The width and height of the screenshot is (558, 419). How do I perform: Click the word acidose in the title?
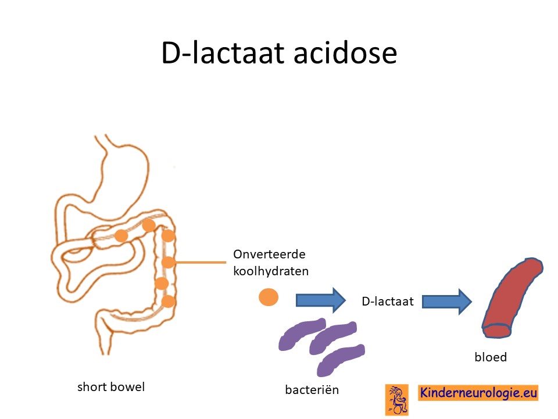(345, 53)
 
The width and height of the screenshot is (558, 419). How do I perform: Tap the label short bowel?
(111, 387)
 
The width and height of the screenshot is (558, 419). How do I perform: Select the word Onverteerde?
(269, 254)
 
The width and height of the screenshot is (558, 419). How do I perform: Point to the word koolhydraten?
(271, 271)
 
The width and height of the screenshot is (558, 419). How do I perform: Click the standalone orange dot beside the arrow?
(269, 297)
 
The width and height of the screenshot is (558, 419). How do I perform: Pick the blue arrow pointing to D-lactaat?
(321, 300)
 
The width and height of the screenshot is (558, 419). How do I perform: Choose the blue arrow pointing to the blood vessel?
(447, 301)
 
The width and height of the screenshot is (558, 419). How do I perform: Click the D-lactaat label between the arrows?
(388, 301)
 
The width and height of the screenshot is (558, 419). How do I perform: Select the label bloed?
(491, 357)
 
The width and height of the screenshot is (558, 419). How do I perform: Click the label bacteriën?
(312, 389)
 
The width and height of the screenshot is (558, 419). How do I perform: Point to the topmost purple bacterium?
(302, 334)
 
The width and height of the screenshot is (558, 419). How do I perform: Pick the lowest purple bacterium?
(341, 360)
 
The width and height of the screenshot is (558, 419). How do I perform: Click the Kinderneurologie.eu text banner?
(478, 393)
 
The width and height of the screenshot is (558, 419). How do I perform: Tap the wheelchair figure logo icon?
(397, 400)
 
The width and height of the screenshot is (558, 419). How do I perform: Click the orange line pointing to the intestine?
(200, 262)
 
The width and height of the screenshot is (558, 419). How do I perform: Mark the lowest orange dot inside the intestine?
(168, 301)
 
